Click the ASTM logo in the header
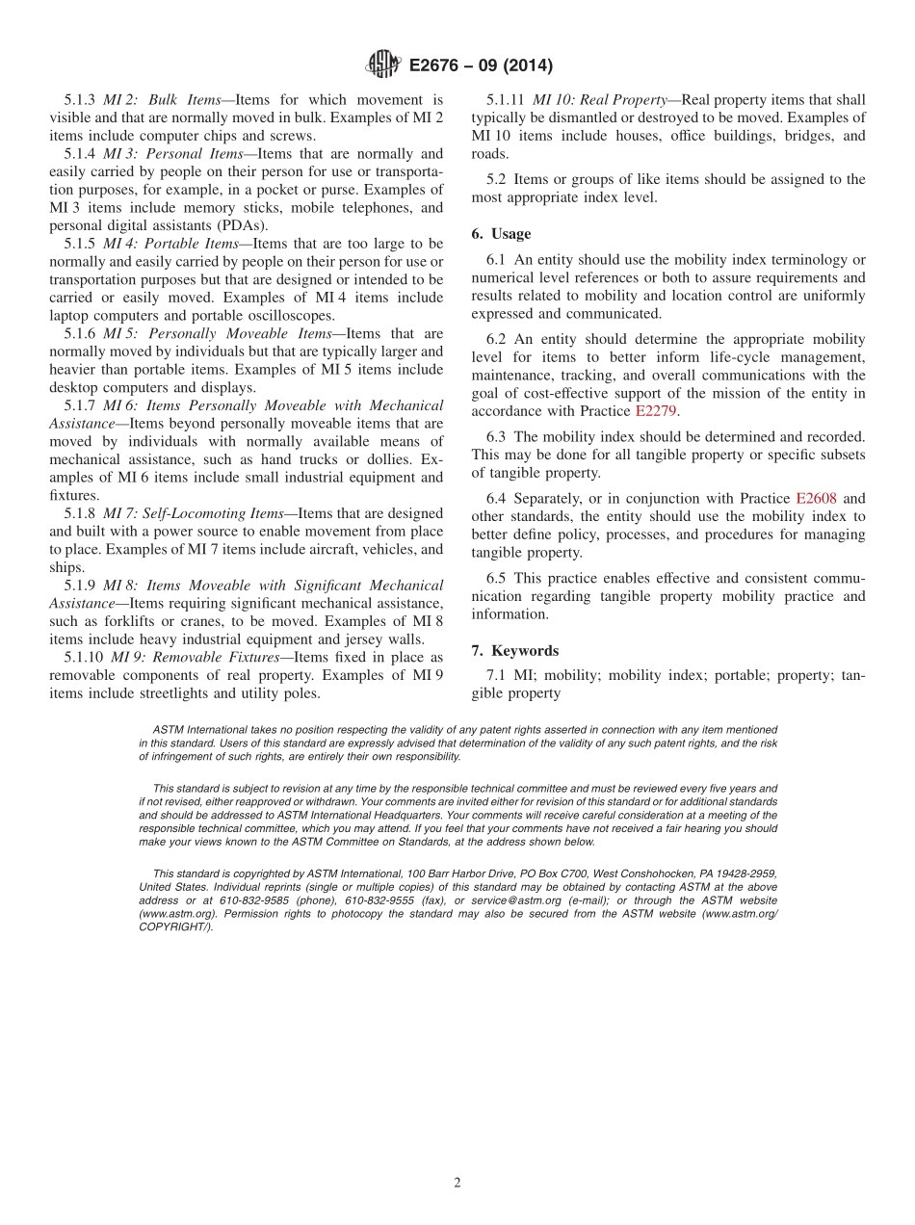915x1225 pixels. [383, 65]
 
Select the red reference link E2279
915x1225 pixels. [657, 411]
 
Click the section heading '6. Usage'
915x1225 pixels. [501, 234]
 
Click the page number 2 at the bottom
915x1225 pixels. [457, 1183]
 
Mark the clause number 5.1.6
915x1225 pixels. [80, 333]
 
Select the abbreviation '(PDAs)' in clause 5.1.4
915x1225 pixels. [240, 225]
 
